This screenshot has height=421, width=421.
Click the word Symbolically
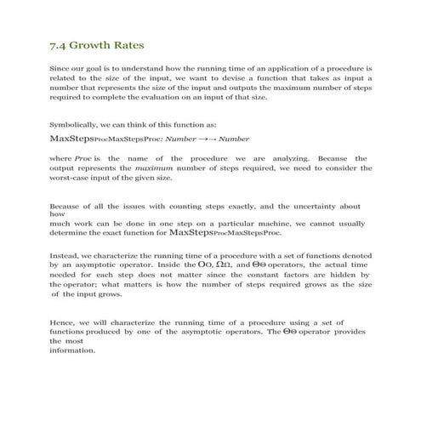point(76,122)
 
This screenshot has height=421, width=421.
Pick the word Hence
point(63,322)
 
